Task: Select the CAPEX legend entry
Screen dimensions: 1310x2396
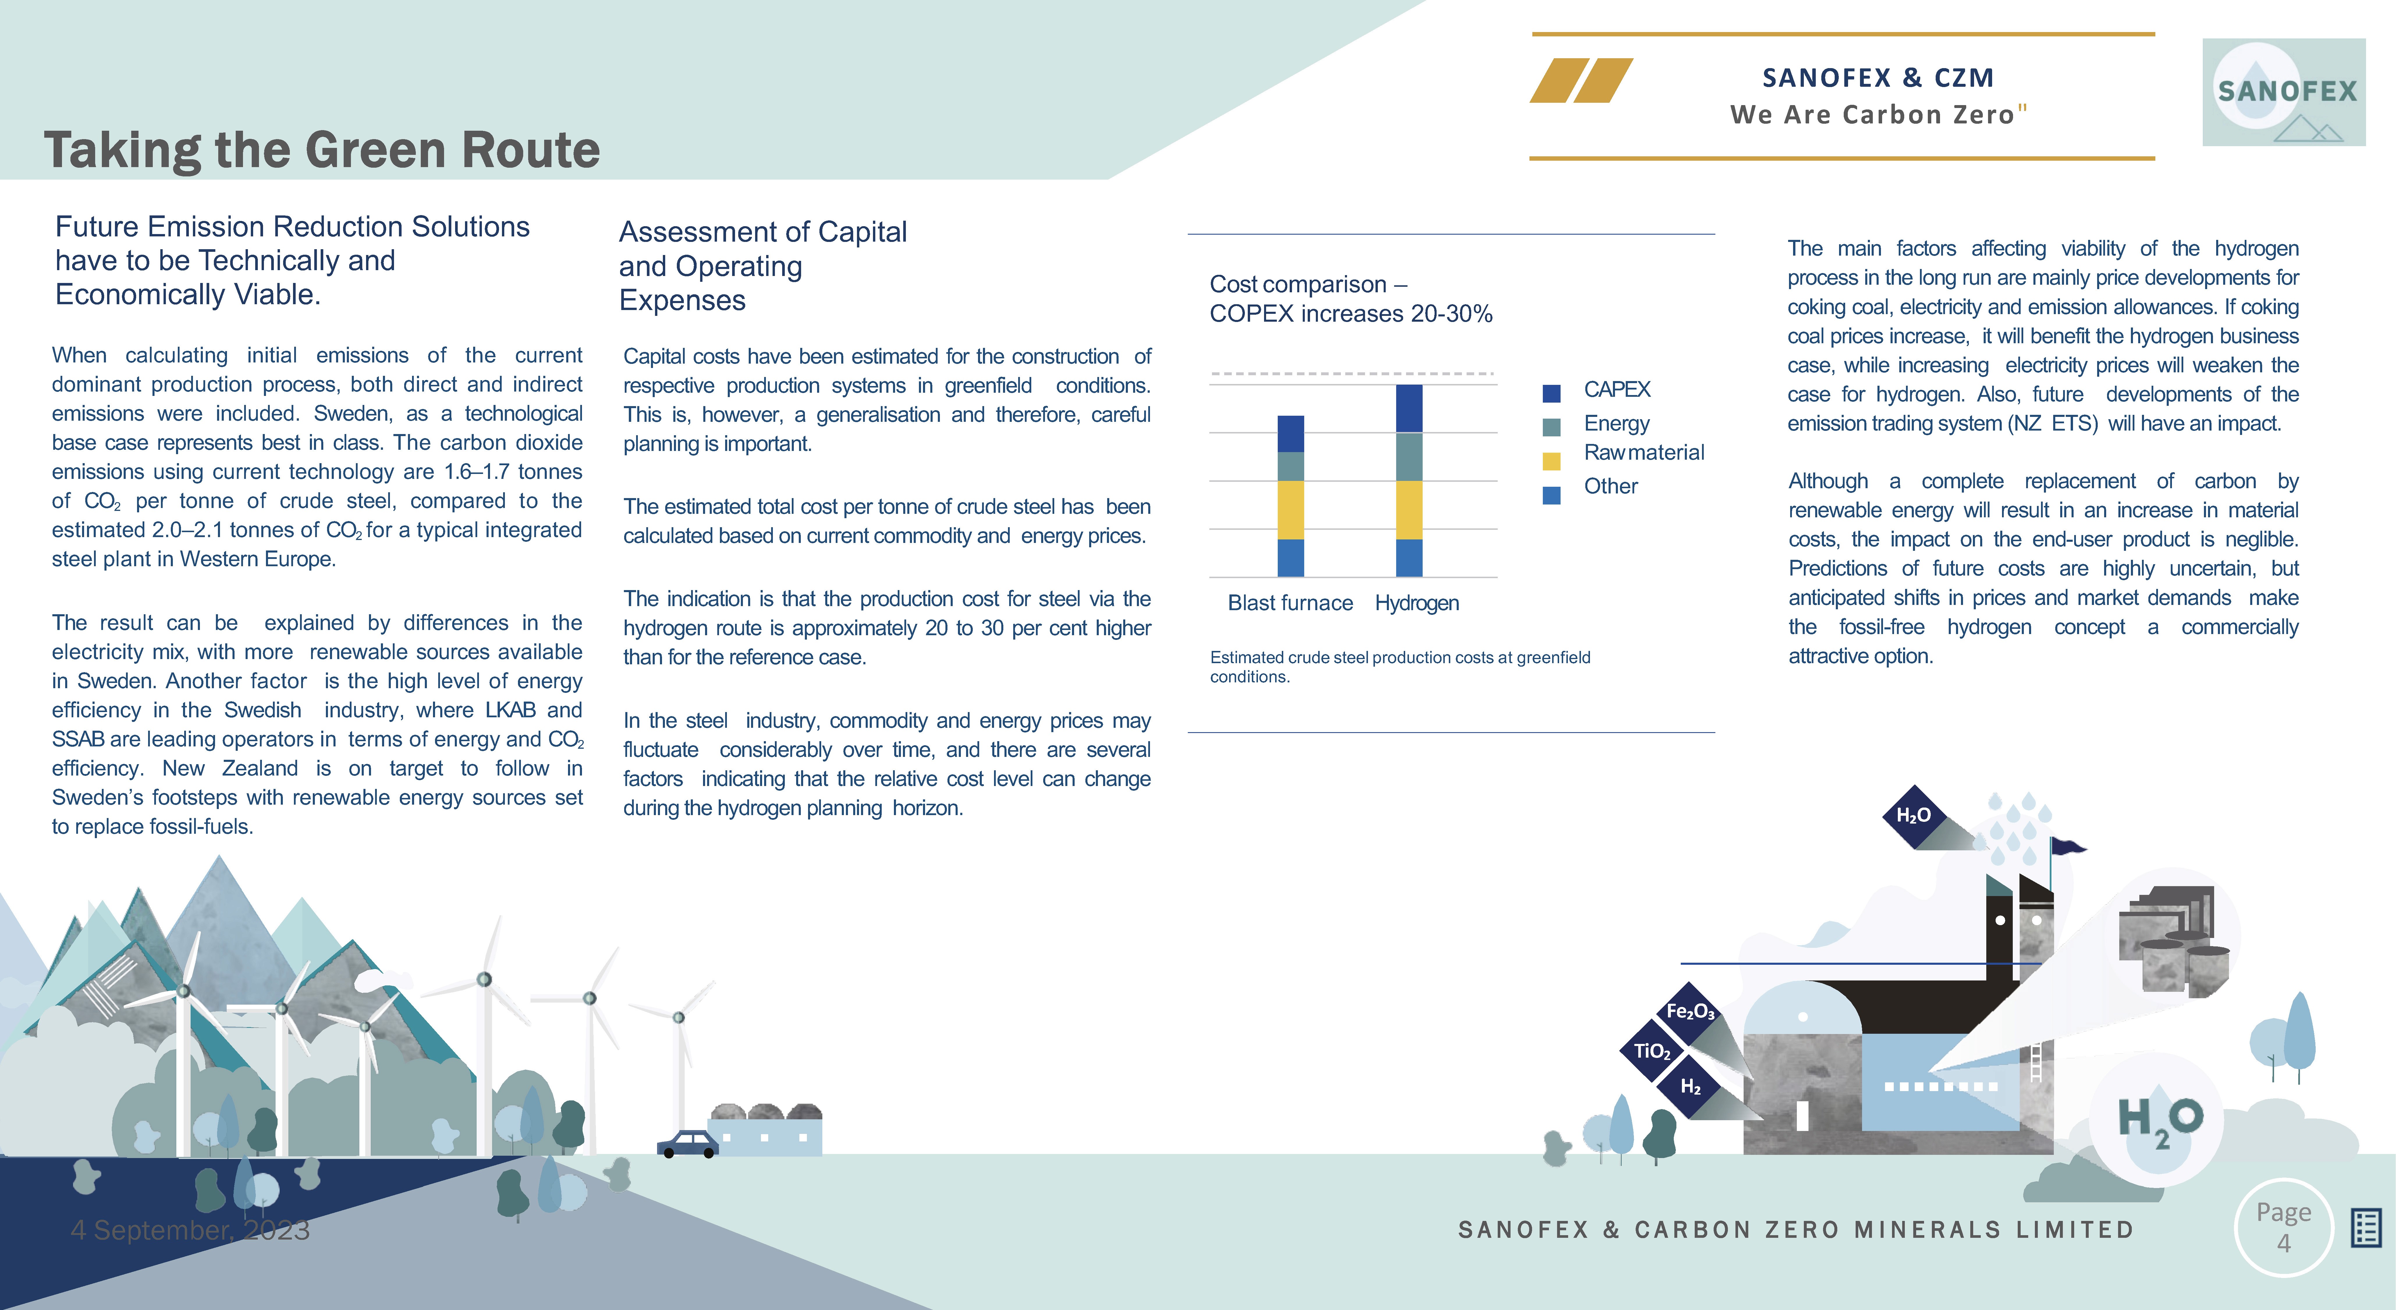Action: pyautogui.click(x=1616, y=390)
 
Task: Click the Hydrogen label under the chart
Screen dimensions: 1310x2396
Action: pyautogui.click(x=1417, y=603)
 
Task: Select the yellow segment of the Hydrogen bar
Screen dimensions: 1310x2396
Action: pyautogui.click(x=1409, y=510)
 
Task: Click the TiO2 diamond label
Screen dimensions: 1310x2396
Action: pyautogui.click(x=1652, y=1051)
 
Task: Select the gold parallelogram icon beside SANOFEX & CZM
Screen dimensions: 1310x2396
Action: pyautogui.click(x=1581, y=80)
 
